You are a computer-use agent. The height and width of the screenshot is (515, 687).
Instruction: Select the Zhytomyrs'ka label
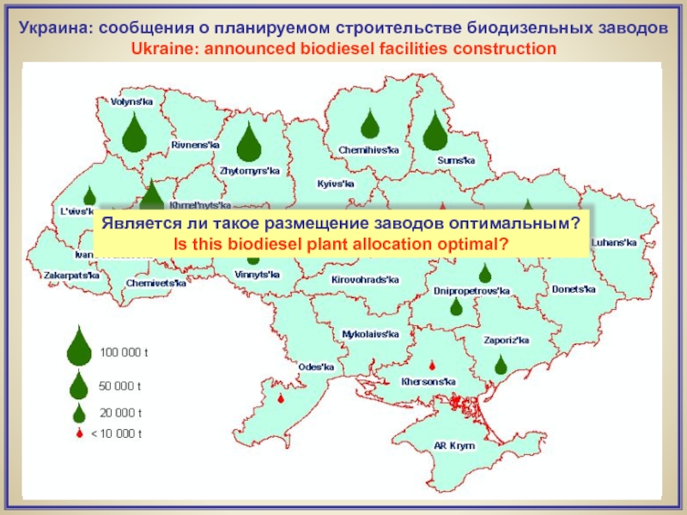[250, 171]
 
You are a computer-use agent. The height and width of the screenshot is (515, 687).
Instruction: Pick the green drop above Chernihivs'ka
[369, 124]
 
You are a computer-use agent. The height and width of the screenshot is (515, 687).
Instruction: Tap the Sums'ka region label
[455, 160]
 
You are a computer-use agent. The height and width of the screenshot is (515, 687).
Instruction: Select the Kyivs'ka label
[336, 184]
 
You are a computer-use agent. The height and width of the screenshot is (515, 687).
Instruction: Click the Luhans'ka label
[614, 243]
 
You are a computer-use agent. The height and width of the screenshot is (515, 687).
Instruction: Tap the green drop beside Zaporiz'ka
[501, 366]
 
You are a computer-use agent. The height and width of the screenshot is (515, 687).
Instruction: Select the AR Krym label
[454, 446]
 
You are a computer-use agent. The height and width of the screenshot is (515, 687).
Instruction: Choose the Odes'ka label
[315, 367]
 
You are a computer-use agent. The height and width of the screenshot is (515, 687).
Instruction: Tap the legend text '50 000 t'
[121, 385]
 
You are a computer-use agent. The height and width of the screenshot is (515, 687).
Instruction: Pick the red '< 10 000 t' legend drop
[79, 434]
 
